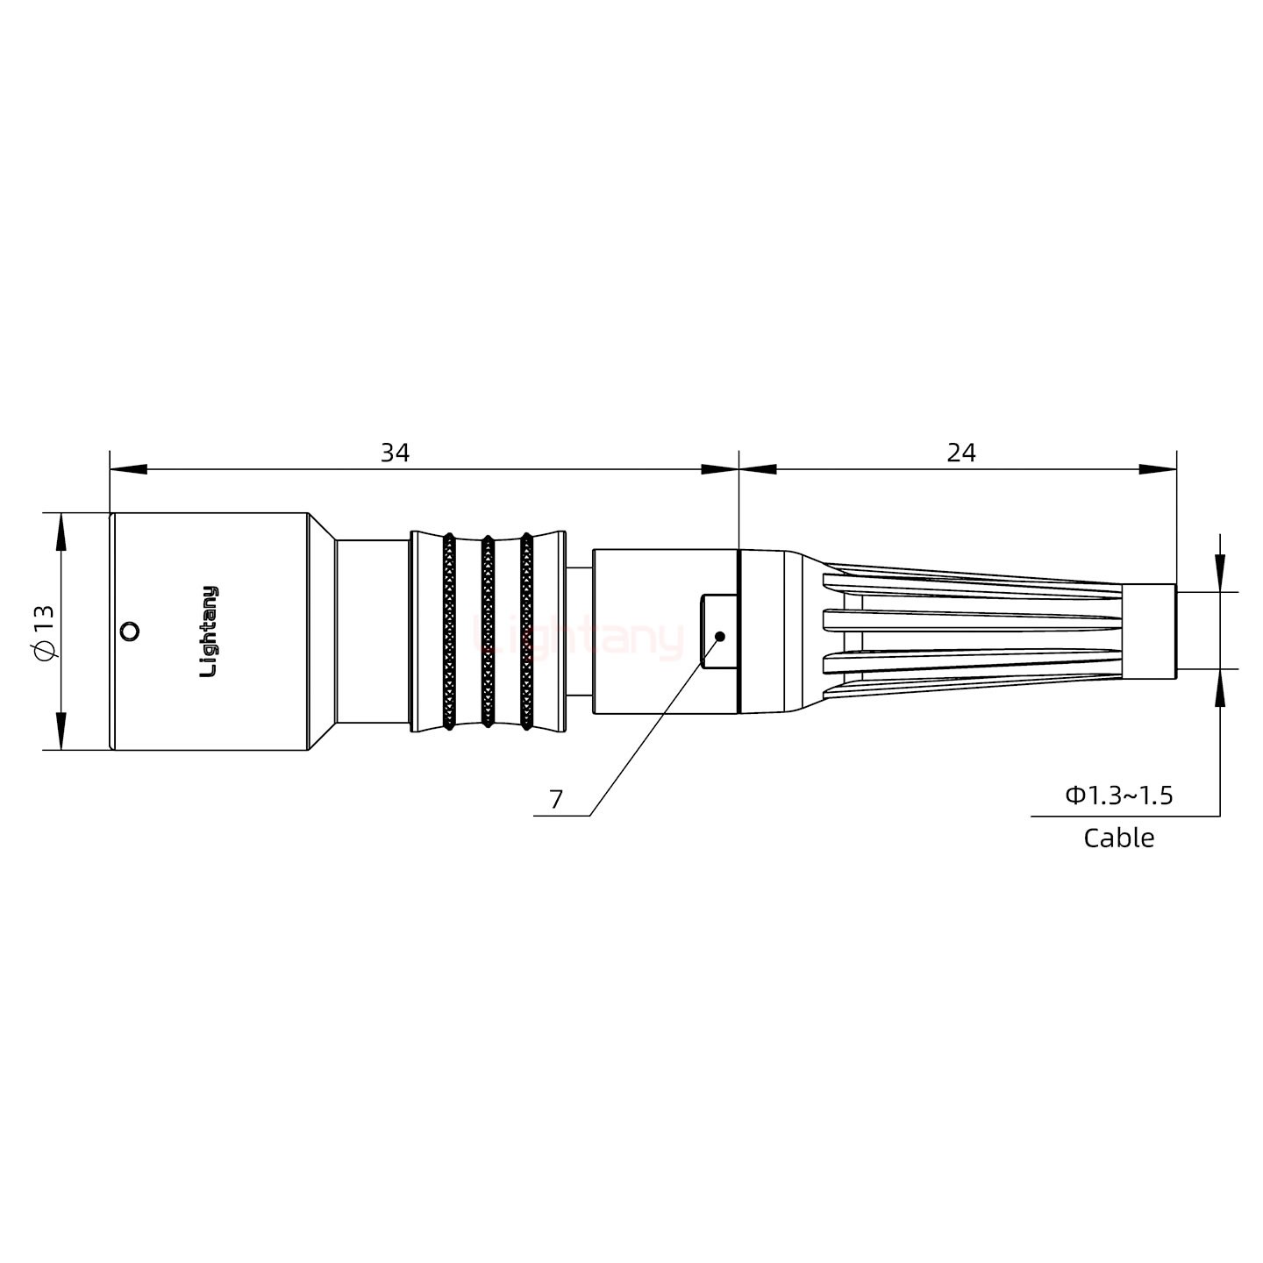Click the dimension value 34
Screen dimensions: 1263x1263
pos(396,453)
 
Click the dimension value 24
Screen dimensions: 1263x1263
pos(961,453)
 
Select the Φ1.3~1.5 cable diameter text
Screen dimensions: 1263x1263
pos(1119,796)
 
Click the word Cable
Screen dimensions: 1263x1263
pos(1119,838)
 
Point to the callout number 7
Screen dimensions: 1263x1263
pos(556,800)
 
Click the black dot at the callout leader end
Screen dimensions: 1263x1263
pos(720,636)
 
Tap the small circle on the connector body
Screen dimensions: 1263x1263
pos(131,631)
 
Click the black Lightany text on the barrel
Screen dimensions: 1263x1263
pos(210,631)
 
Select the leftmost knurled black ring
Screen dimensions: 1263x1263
pos(449,631)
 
